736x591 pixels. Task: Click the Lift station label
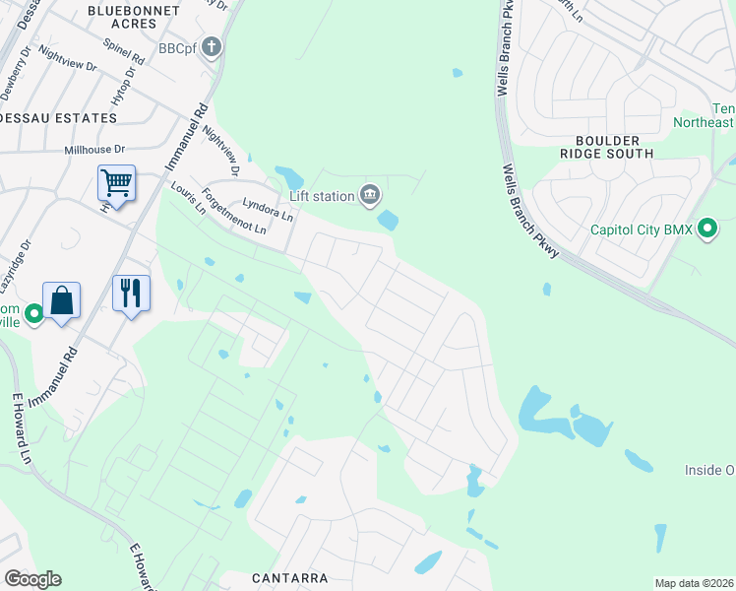click(321, 196)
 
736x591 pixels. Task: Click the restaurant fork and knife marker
click(131, 293)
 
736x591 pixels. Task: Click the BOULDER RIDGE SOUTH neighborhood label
click(606, 147)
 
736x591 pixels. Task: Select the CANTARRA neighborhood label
click(288, 578)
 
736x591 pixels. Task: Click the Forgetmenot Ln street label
click(233, 212)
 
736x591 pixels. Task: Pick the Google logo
click(32, 579)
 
